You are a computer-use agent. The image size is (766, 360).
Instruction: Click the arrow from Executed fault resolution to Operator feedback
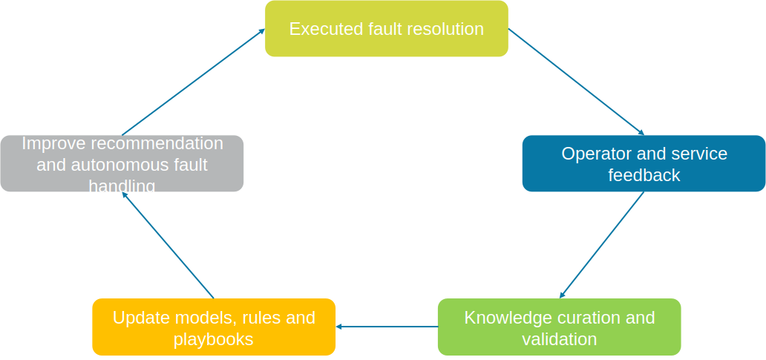click(x=576, y=82)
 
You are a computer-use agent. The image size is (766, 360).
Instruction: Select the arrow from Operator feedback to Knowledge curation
click(x=601, y=245)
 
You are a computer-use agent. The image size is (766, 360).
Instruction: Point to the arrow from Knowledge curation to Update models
click(x=386, y=327)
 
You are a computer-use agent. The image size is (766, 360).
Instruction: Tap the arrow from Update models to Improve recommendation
click(x=168, y=245)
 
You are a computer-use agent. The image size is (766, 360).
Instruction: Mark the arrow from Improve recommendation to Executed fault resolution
click(x=193, y=82)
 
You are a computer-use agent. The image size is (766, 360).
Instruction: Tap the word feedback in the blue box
click(x=644, y=175)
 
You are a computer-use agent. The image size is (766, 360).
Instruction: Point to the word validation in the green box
click(x=559, y=339)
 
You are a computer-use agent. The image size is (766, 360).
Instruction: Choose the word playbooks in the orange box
click(x=213, y=339)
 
